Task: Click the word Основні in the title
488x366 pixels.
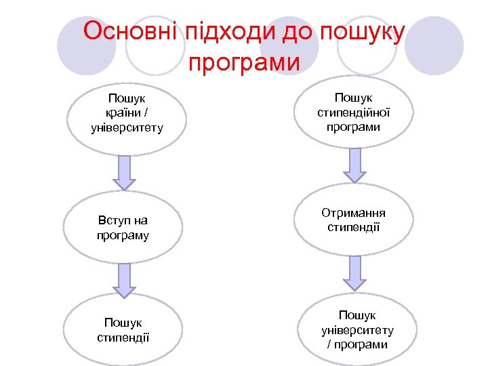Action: point(128,31)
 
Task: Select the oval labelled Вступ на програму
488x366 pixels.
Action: point(123,228)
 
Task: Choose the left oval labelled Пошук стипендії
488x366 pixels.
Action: point(123,329)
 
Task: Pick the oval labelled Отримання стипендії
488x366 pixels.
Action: point(353,220)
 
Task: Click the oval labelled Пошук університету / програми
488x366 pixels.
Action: point(357,330)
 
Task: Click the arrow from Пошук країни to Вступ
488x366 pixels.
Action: point(124,172)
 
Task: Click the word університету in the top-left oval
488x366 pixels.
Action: point(127,127)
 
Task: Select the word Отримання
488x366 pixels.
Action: point(354,213)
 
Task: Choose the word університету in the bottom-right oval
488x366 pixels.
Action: point(357,330)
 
